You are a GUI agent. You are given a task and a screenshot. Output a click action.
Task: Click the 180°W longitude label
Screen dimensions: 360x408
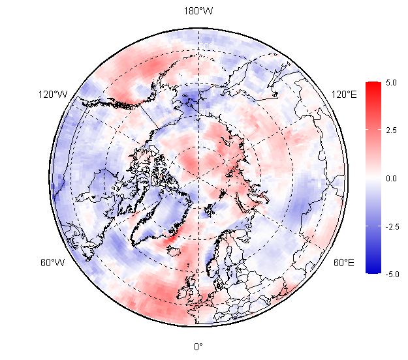click(x=198, y=11)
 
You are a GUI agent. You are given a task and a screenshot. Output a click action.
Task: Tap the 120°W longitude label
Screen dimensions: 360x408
click(x=53, y=95)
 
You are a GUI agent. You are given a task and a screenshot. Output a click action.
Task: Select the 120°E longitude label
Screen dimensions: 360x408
click(x=344, y=95)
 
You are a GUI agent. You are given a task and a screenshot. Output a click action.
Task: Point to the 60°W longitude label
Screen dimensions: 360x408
click(x=53, y=263)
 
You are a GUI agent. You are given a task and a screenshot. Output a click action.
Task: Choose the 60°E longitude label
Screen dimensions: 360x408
click(x=344, y=263)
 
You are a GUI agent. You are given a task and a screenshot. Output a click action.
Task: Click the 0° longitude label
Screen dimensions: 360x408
click(x=198, y=346)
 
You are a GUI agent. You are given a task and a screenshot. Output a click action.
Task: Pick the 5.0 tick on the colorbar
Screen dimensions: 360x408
click(x=391, y=83)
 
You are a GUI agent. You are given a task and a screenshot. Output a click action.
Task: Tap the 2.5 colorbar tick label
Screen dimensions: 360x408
click(x=391, y=130)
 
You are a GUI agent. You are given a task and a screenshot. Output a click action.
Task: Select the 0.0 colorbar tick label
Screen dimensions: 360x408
click(x=391, y=178)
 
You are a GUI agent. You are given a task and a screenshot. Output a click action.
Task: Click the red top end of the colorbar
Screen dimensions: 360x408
click(x=373, y=85)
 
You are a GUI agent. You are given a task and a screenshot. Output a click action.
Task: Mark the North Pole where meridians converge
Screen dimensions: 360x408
click(x=198, y=177)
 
